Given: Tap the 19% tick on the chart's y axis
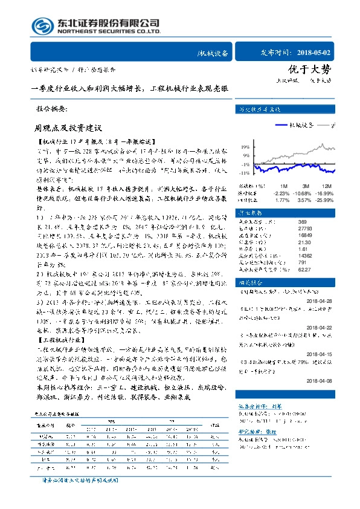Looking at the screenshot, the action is [x=245, y=147].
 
